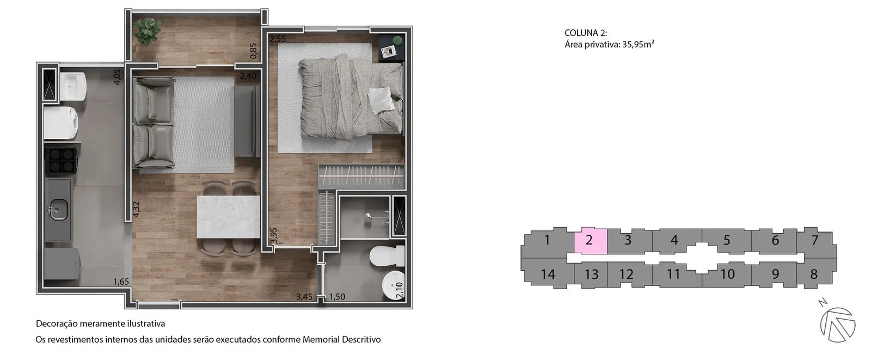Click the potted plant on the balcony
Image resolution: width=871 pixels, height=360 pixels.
pos(147,31)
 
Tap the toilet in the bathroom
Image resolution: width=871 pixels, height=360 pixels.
pos(387,255)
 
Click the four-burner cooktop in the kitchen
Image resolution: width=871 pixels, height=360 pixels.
pos(61,161)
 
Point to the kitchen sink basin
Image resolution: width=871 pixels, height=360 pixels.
pos(58,210)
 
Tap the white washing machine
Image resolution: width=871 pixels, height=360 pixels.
pos(61,123)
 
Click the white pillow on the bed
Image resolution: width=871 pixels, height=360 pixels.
pos(381,100)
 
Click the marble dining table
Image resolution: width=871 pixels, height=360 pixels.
pos(228,216)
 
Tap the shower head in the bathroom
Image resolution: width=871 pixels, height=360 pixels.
pos(368,216)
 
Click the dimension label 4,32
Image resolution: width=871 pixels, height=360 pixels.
pos(136,209)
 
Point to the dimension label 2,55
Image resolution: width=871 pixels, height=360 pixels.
pos(278,39)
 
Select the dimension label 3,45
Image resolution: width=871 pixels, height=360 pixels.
pos(304,297)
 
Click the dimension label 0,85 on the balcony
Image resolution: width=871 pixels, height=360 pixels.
pos(253,51)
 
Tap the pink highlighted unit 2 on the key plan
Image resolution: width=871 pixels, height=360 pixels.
pos(591,241)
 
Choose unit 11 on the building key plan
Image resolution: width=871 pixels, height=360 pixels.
pos(673,274)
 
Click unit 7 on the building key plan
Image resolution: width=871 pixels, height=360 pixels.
pos(815,240)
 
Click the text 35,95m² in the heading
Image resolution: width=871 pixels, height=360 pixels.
pos(638,44)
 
